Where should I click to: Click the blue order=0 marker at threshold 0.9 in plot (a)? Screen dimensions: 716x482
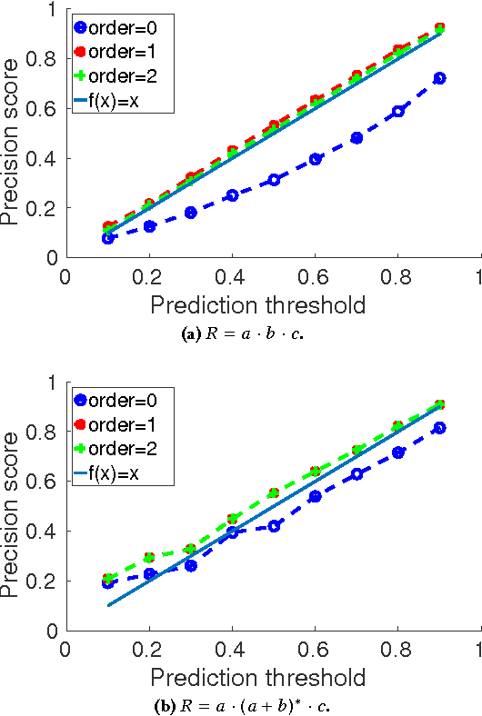click(x=440, y=78)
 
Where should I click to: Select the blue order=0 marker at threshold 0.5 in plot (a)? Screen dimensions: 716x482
click(x=274, y=180)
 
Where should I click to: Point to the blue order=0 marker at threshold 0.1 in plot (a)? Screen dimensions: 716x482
click(x=107, y=238)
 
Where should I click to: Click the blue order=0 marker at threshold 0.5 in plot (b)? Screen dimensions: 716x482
click(x=274, y=526)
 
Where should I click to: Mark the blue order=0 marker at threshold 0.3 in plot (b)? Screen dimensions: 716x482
click(x=191, y=565)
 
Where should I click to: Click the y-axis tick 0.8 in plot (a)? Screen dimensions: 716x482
click(x=42, y=59)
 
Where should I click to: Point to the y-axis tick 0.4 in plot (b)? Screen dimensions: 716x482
click(x=42, y=532)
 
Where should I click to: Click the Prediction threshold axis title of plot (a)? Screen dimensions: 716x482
click(x=258, y=304)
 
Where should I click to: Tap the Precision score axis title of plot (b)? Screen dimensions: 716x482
click(x=15, y=505)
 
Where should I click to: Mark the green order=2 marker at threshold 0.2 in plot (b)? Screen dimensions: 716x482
click(x=149, y=557)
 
